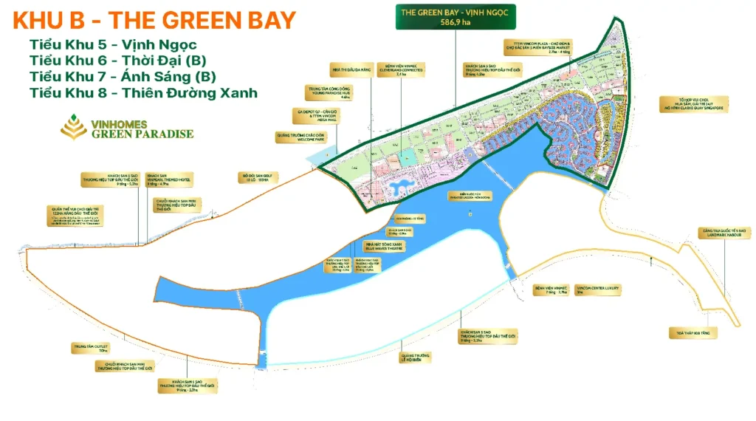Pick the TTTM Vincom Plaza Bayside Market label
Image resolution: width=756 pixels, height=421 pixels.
click(537, 47)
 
